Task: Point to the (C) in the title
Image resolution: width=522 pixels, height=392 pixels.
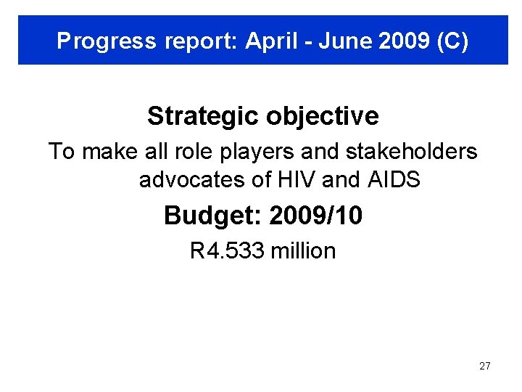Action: (x=452, y=41)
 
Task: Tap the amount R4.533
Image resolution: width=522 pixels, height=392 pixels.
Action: (x=227, y=251)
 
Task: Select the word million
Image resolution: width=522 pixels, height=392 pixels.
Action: (x=303, y=251)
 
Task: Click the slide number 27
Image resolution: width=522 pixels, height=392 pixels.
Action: (x=485, y=366)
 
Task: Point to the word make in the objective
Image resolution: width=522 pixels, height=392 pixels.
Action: (x=102, y=152)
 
